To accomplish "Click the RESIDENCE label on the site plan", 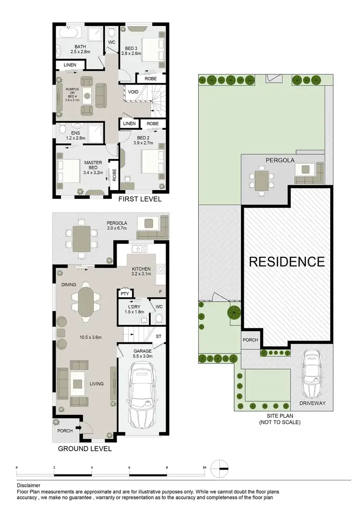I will click(x=286, y=262).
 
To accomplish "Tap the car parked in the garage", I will click(x=142, y=391).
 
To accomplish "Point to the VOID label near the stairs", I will click(x=132, y=91).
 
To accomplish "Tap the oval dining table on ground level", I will click(x=86, y=303).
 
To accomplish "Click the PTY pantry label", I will click(x=125, y=293).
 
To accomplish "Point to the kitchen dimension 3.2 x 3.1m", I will click(x=142, y=275).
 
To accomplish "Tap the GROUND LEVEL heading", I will click(x=84, y=448).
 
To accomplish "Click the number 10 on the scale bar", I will click(x=204, y=466).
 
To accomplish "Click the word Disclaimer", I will click(x=28, y=485).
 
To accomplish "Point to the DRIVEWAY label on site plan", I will click(x=312, y=404).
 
